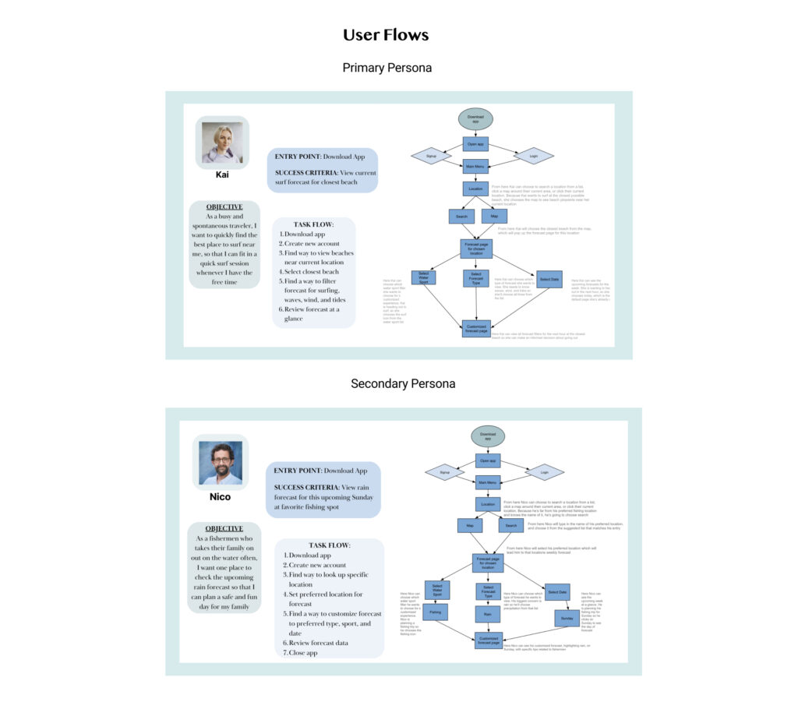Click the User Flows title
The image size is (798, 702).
pos(386,35)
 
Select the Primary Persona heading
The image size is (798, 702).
pos(387,68)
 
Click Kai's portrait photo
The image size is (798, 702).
pos(222,143)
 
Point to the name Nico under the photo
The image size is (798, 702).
pos(220,496)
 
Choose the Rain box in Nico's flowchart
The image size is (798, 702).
pos(488,614)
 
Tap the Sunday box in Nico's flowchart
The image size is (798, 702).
pos(566,619)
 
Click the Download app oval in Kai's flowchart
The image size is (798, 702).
pos(475,118)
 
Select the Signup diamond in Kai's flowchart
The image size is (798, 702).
pos(430,156)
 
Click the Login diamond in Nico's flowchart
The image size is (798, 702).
pos(544,472)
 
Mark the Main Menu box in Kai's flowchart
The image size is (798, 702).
pos(475,166)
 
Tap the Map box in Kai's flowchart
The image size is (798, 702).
pos(494,216)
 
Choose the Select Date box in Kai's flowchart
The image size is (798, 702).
pos(549,279)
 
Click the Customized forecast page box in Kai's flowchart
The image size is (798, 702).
pos(475,329)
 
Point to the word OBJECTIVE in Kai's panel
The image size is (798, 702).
pos(224,206)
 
